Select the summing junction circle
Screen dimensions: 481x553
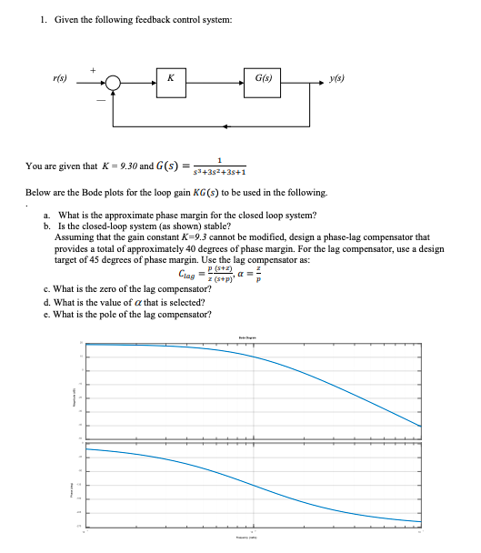[x=114, y=81]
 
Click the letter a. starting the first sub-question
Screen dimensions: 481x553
[x=46, y=215]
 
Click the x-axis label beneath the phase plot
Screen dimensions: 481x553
[x=251, y=538]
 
